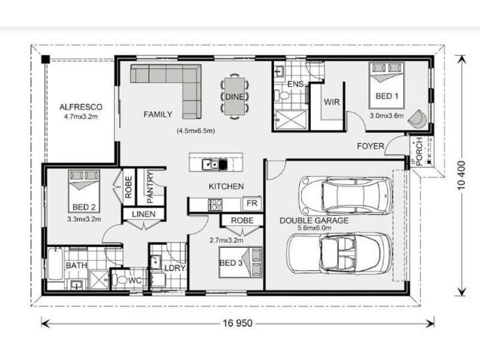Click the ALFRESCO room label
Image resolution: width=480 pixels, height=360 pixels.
coord(81,107)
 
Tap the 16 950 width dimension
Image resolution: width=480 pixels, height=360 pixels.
coord(238,323)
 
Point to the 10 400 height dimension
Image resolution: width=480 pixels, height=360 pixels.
coord(461,175)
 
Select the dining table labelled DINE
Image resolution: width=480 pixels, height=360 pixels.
coord(235,97)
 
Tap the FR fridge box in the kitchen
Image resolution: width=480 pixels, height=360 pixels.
coord(252,203)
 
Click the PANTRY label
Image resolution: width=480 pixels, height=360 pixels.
coord(150,187)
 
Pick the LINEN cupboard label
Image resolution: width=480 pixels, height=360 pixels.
coord(143,214)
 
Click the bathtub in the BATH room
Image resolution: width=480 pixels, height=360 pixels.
coord(55,264)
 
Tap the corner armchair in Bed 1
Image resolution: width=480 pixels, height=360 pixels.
coord(417,118)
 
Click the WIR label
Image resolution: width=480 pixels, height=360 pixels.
coord(332,102)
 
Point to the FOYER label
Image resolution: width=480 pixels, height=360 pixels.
coord(370,146)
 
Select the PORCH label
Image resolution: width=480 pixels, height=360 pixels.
coord(419,151)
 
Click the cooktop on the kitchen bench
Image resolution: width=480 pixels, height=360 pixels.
coord(215,205)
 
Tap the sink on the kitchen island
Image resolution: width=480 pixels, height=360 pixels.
coord(211,164)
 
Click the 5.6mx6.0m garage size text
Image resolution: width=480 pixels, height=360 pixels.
coord(314,228)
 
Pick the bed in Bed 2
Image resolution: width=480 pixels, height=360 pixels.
coord(84,191)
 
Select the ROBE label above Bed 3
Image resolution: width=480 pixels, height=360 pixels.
coord(242,220)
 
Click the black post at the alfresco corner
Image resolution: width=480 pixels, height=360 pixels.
coord(46,59)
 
